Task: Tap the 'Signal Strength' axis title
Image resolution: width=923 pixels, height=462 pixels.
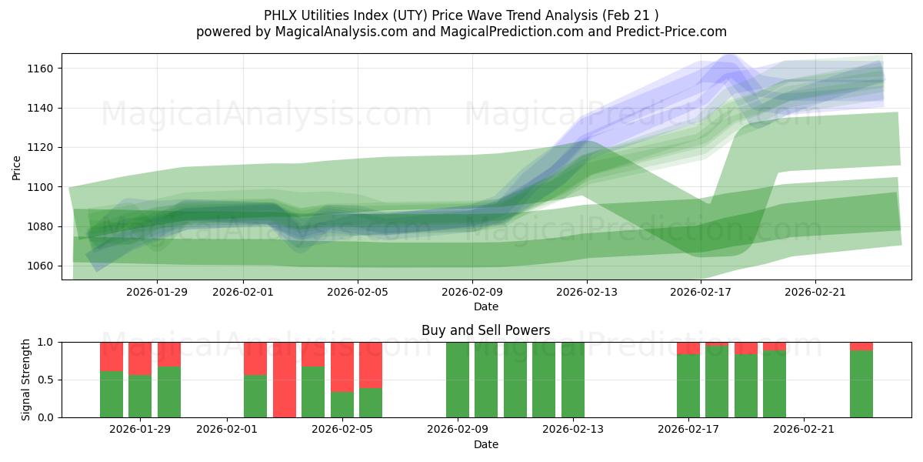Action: pos(26,379)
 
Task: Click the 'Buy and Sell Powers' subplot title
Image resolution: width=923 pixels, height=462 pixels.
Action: pos(485,330)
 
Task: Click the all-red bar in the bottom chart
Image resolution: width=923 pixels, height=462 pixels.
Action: pos(285,380)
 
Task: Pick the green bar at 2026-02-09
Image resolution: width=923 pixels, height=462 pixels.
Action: pos(458,380)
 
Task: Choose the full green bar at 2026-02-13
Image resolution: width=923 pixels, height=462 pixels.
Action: pos(573,380)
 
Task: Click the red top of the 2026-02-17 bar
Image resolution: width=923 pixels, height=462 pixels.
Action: pos(688,348)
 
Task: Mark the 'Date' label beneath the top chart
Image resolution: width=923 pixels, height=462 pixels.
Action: pos(485,306)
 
